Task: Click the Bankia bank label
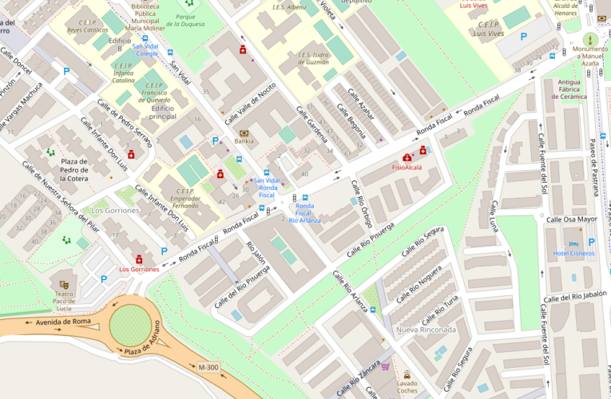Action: click(x=244, y=141)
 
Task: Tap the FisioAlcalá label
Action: click(x=407, y=168)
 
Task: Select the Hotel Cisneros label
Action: click(x=573, y=254)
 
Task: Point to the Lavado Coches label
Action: click(x=407, y=386)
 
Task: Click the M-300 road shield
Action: click(x=207, y=367)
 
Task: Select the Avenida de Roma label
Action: click(x=56, y=322)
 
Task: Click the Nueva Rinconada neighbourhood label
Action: click(x=426, y=330)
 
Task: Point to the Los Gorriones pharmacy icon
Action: click(x=139, y=259)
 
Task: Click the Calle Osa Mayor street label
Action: click(x=571, y=219)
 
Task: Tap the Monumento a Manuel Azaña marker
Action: click(x=590, y=39)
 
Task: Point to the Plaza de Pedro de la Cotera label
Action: click(x=73, y=170)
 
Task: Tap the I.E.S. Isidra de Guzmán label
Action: click(x=313, y=59)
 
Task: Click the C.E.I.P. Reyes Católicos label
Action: click(x=88, y=26)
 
